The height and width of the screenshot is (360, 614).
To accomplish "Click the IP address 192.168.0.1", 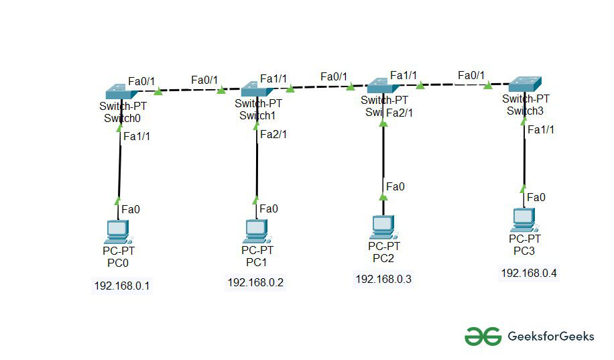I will [122, 286].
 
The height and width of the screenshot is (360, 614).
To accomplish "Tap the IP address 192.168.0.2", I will [255, 282].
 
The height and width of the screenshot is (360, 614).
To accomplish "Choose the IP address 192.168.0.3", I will [383, 278].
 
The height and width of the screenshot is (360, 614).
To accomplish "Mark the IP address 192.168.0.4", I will [529, 273].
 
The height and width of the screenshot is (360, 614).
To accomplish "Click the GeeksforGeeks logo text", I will [551, 337].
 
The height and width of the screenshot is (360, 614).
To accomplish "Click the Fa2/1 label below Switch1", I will [273, 134].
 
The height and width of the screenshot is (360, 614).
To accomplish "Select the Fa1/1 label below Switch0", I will [137, 136].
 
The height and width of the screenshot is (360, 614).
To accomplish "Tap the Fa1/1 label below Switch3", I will [541, 129].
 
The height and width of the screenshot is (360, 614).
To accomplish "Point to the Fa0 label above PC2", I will [396, 186].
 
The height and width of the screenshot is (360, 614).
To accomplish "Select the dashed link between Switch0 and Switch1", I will [191, 90].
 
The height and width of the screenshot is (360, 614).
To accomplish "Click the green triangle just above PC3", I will [524, 188].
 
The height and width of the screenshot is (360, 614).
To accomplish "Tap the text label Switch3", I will [524, 111].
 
